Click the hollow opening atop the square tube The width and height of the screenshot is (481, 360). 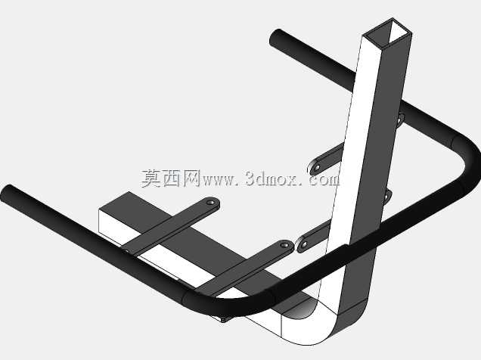[389, 32]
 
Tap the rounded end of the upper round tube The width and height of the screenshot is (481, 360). [276, 39]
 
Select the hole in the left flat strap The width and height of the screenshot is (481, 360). [210, 203]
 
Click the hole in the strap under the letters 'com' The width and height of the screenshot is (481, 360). [317, 168]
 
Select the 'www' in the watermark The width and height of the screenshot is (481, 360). [219, 180]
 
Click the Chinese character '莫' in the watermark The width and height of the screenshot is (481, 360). [151, 178]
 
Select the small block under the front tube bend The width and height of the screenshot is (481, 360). [224, 319]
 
